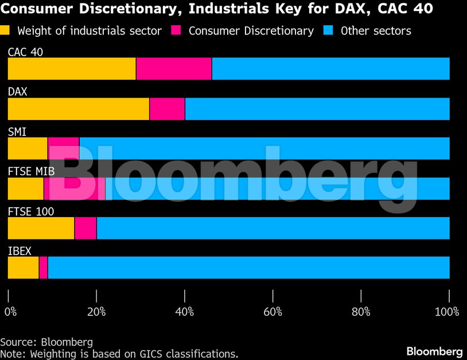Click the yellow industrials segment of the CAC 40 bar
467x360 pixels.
(72, 69)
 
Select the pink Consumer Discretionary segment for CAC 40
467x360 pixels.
(174, 69)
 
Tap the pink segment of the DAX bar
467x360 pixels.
(167, 109)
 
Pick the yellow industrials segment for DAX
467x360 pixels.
(79, 109)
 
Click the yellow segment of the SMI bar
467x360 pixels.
(28, 148)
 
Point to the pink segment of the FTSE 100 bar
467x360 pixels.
(85, 228)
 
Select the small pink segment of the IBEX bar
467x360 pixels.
(43, 268)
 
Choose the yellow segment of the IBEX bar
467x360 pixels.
(23, 268)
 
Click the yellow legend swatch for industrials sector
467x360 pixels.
(6, 30)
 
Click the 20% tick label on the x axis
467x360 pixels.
(96, 312)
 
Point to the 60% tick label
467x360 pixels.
(273, 312)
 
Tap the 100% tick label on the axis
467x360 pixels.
(447, 312)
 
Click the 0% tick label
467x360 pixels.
(10, 312)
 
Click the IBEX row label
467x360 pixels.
(20, 251)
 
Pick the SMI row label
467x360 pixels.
(17, 132)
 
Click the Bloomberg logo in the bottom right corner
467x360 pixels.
(434, 351)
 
